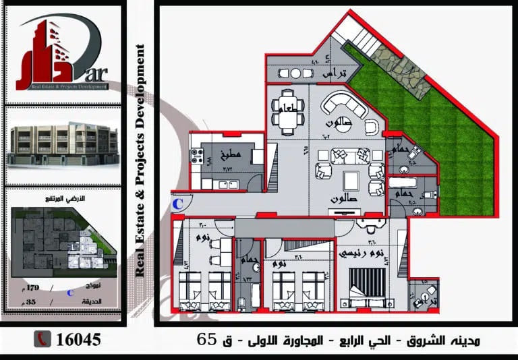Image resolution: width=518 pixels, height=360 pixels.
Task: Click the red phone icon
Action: click(43, 339)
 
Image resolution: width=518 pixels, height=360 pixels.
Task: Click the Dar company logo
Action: click(61, 54)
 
